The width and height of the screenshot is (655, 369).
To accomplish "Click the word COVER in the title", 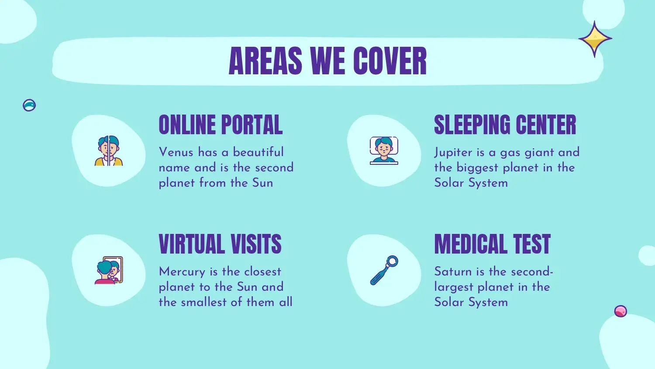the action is click(x=390, y=61).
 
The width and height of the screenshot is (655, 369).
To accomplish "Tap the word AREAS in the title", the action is click(x=265, y=61).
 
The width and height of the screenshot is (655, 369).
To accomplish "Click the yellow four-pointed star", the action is click(x=595, y=38).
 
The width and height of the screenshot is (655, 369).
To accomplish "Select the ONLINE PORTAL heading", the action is click(x=221, y=125).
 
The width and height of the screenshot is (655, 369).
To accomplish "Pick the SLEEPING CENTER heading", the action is click(x=505, y=125).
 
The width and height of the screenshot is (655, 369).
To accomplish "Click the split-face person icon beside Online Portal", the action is click(x=108, y=150).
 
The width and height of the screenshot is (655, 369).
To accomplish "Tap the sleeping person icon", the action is click(x=384, y=150).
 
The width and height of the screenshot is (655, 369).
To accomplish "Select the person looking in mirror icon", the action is click(x=109, y=270).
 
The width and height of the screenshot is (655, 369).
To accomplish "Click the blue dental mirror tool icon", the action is click(x=384, y=270).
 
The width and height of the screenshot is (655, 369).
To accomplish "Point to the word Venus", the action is click(x=176, y=152).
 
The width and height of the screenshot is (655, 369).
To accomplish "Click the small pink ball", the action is click(x=621, y=311).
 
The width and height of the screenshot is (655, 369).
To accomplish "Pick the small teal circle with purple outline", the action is click(x=29, y=105).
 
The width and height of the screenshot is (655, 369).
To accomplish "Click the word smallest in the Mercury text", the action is click(x=204, y=302).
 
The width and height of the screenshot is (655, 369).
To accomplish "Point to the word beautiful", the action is click(x=258, y=152).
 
